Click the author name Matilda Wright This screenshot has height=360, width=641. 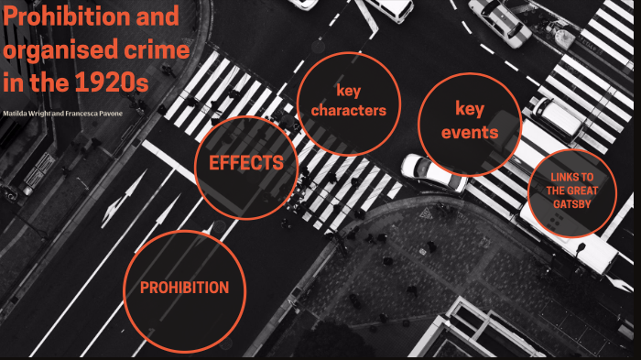tap(28, 113)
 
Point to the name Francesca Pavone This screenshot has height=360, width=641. tap(100, 113)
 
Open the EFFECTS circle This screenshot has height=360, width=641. tap(246, 165)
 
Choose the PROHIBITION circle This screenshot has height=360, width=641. tap(184, 289)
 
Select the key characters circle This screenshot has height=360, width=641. tap(348, 102)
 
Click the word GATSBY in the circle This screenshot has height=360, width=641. tap(573, 204)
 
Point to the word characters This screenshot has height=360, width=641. tap(348, 111)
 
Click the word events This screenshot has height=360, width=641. tap(469, 133)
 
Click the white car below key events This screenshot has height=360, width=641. tap(432, 171)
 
